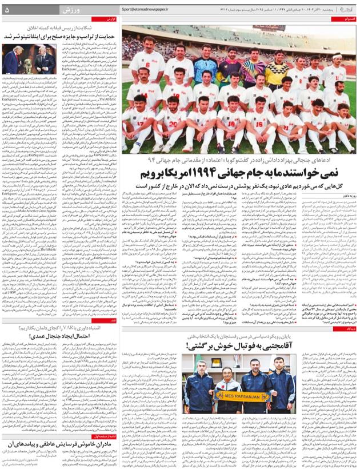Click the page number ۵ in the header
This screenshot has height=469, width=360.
7,10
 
